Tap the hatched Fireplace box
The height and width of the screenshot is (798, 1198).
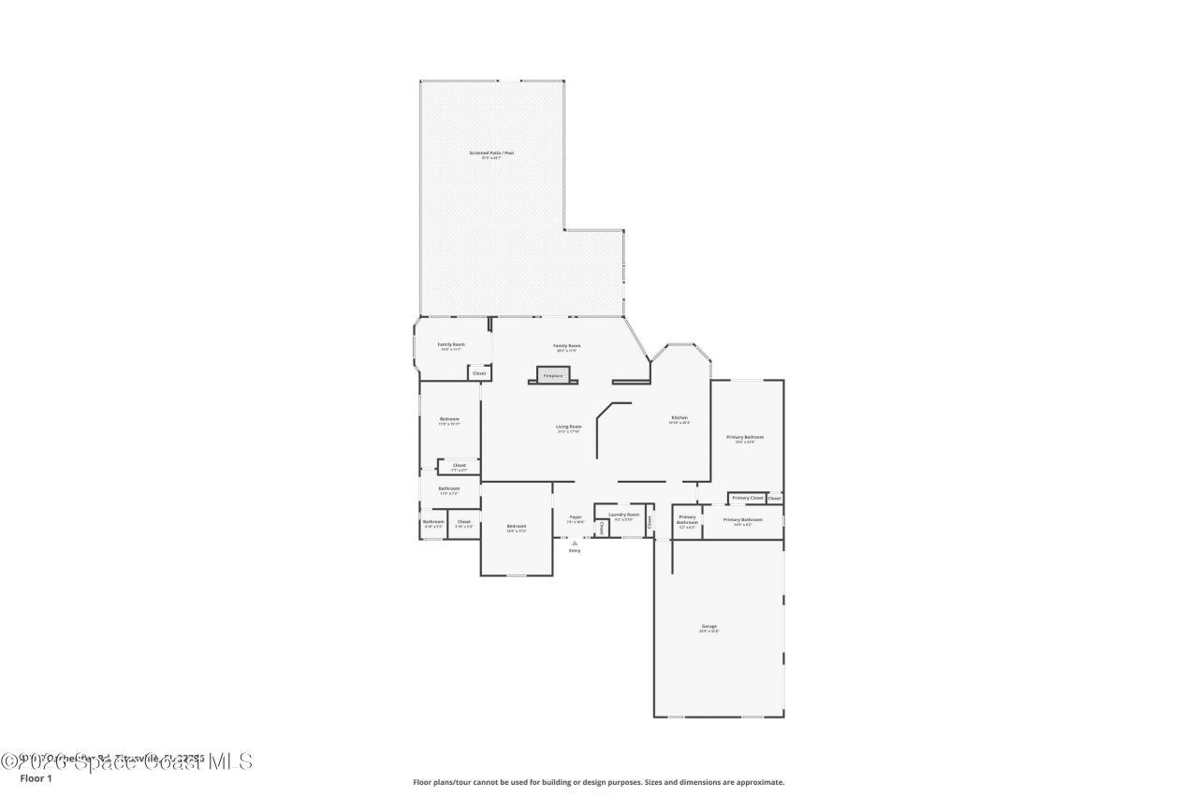click(x=553, y=375)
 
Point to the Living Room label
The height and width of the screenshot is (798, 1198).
click(x=569, y=428)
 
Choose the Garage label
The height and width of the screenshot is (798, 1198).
click(x=709, y=628)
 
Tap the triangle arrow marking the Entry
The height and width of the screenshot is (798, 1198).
click(x=575, y=542)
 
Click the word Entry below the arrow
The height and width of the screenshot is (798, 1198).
click(x=575, y=550)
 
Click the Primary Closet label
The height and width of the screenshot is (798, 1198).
click(x=748, y=498)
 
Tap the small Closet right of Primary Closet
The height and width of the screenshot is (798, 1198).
click(x=775, y=498)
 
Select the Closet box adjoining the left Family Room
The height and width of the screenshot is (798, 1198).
click(x=479, y=373)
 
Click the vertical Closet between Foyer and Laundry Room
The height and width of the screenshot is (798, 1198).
click(x=602, y=529)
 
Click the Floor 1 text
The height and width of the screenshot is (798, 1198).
click(x=36, y=778)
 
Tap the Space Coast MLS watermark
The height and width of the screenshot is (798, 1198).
click(x=126, y=762)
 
